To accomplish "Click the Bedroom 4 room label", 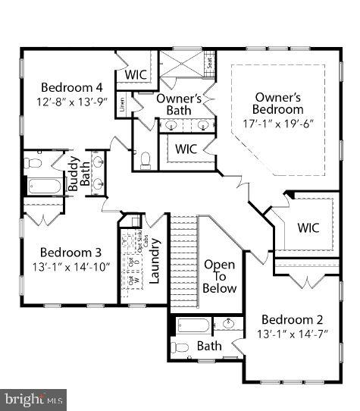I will click(67, 86).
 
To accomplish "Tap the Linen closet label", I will click(123, 107).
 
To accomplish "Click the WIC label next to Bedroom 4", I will click(136, 75).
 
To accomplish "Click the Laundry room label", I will click(155, 260).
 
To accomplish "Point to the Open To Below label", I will click(220, 277).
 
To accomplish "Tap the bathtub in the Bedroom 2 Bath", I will click(193, 326).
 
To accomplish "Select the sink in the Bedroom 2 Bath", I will click(228, 326).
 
